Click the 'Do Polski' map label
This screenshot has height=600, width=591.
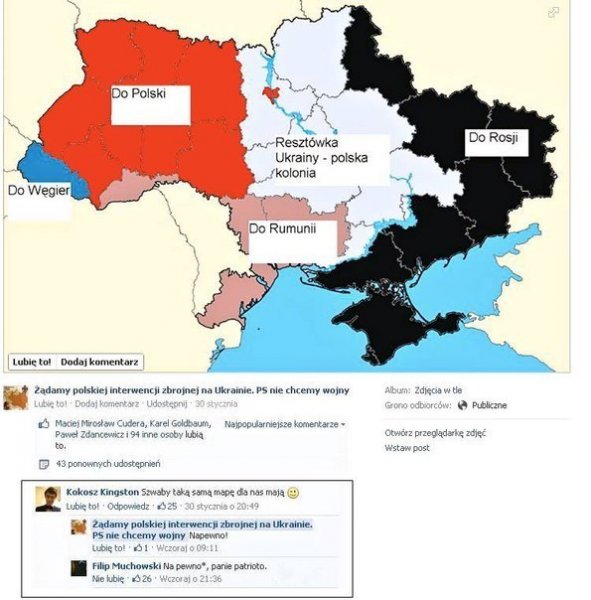point(137,96)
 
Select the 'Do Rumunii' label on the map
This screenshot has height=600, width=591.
point(281,229)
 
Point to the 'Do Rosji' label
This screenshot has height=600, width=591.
point(494,138)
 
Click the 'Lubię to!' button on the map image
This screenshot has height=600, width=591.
point(32,360)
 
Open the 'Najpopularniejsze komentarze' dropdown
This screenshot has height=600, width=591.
point(285,424)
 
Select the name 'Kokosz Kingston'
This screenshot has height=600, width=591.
point(101,492)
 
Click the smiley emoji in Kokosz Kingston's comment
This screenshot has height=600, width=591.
point(293,493)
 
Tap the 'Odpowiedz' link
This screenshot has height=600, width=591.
point(129,506)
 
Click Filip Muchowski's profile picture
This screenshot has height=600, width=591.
point(79,570)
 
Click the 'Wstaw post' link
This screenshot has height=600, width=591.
point(407,448)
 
